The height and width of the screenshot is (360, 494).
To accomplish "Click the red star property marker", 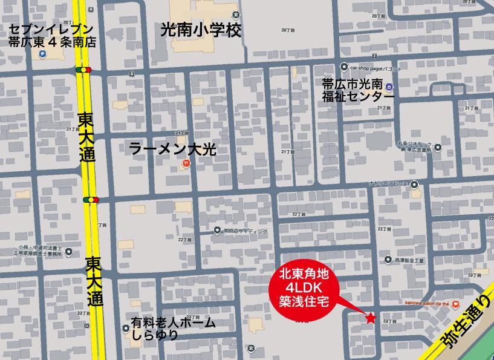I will point(370,318).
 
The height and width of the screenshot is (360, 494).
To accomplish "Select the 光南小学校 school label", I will point(201,30).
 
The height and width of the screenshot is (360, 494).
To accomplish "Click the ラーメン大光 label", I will point(173,149).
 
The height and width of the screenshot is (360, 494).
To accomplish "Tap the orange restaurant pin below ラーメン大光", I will point(186,163).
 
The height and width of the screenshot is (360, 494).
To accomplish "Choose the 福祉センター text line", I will point(359,96).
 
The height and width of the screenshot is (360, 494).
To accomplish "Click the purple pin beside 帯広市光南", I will point(390,87).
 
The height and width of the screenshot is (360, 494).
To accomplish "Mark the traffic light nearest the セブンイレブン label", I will point(83,70).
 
